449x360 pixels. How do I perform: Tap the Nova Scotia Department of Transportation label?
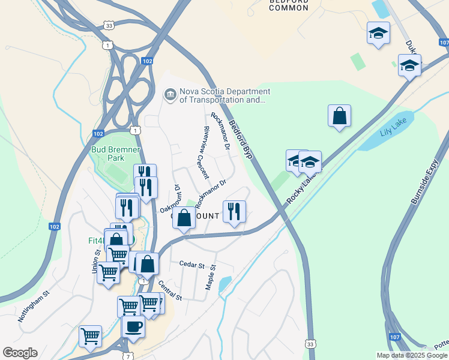pos(224,96)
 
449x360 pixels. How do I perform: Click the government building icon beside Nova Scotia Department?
pos(170,95)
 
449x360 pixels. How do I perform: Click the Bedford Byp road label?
pos(241,139)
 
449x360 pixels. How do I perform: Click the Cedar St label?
pos(192,263)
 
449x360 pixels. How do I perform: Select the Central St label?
pos(169,289)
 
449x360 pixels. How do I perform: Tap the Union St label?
pos(95,262)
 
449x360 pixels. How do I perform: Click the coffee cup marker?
pos(133,326)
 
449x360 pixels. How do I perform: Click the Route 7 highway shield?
pos(127,356)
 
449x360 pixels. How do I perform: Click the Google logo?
pos(20,353)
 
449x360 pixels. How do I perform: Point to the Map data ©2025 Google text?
pos(411,355)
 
